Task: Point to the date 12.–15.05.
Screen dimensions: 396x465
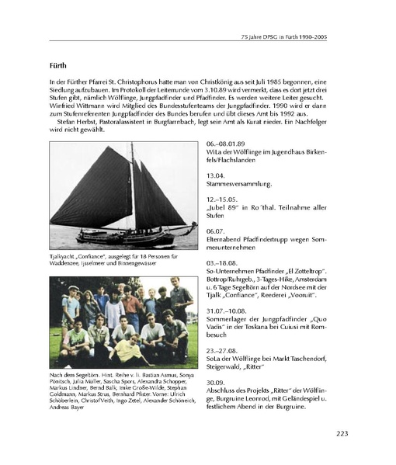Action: click(226, 198)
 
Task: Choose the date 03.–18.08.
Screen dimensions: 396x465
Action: click(226, 263)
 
